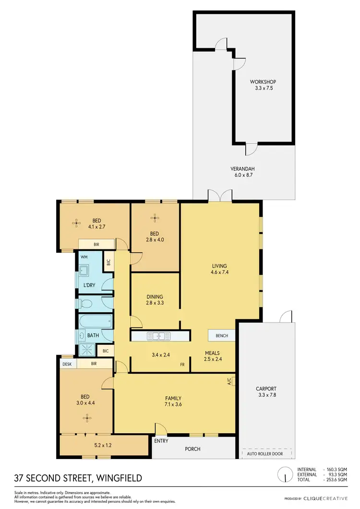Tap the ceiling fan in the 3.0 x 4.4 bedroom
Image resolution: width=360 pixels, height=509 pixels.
86,418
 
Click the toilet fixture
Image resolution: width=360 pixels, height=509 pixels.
85,303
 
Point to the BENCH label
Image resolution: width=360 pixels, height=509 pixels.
221,335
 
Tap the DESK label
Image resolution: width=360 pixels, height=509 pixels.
67,364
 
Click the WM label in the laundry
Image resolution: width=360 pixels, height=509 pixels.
84,257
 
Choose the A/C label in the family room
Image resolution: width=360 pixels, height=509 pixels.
229,382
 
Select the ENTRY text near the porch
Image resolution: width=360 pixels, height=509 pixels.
161,441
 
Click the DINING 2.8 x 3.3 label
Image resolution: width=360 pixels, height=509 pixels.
155,300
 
